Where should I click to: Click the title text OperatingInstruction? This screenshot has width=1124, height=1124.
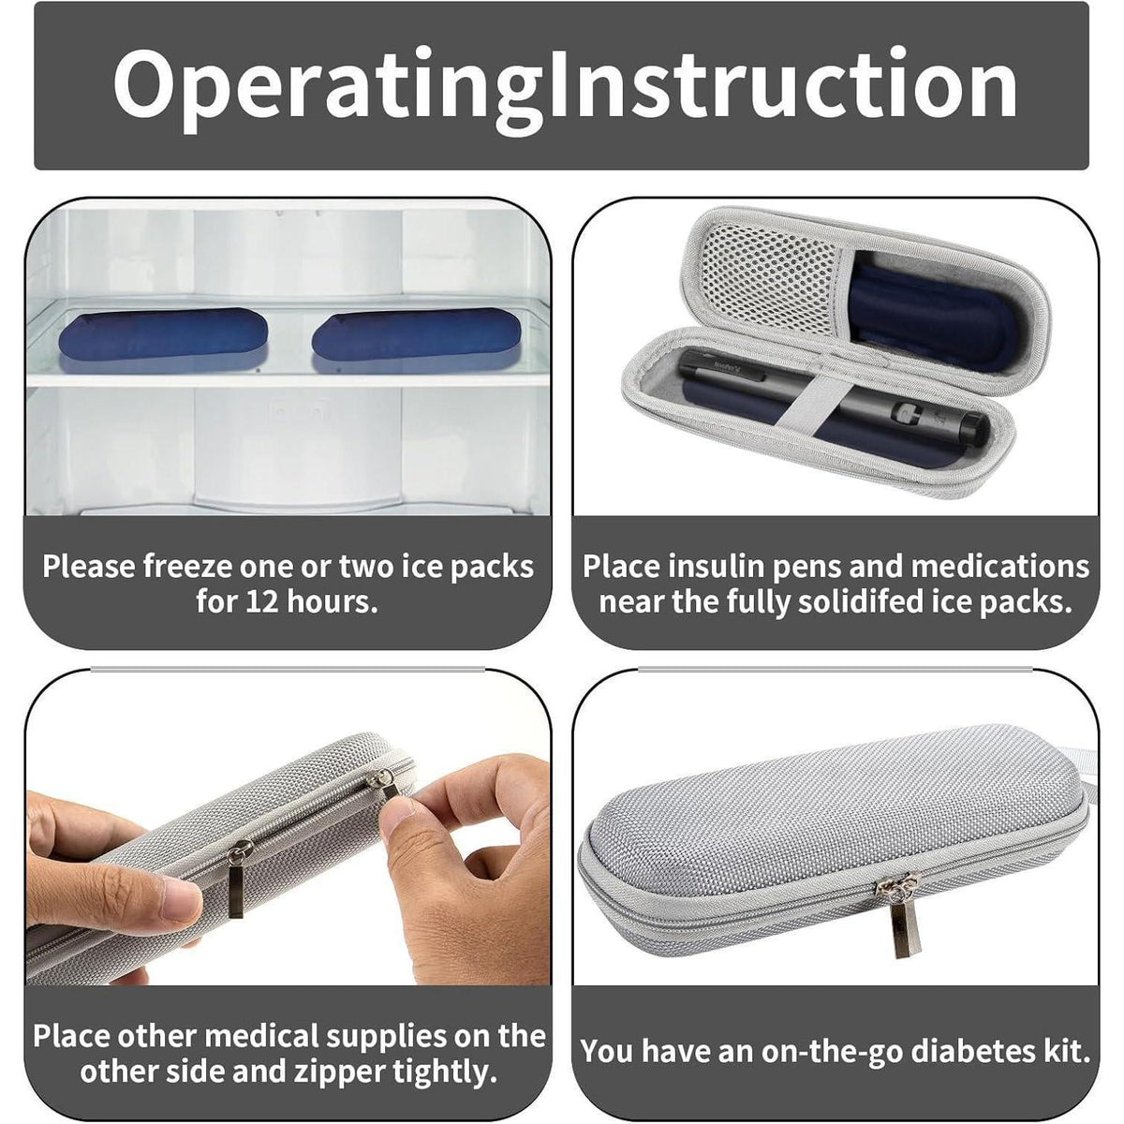(565, 86)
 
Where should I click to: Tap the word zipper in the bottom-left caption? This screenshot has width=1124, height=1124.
(339, 1072)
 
